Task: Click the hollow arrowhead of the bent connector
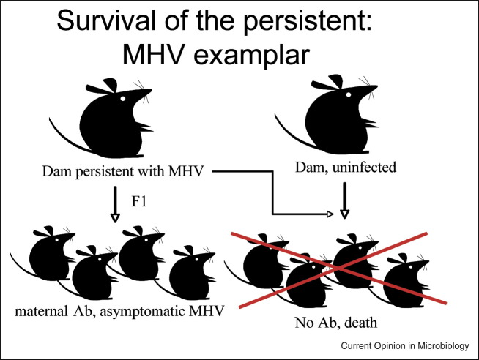(x=330, y=214)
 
